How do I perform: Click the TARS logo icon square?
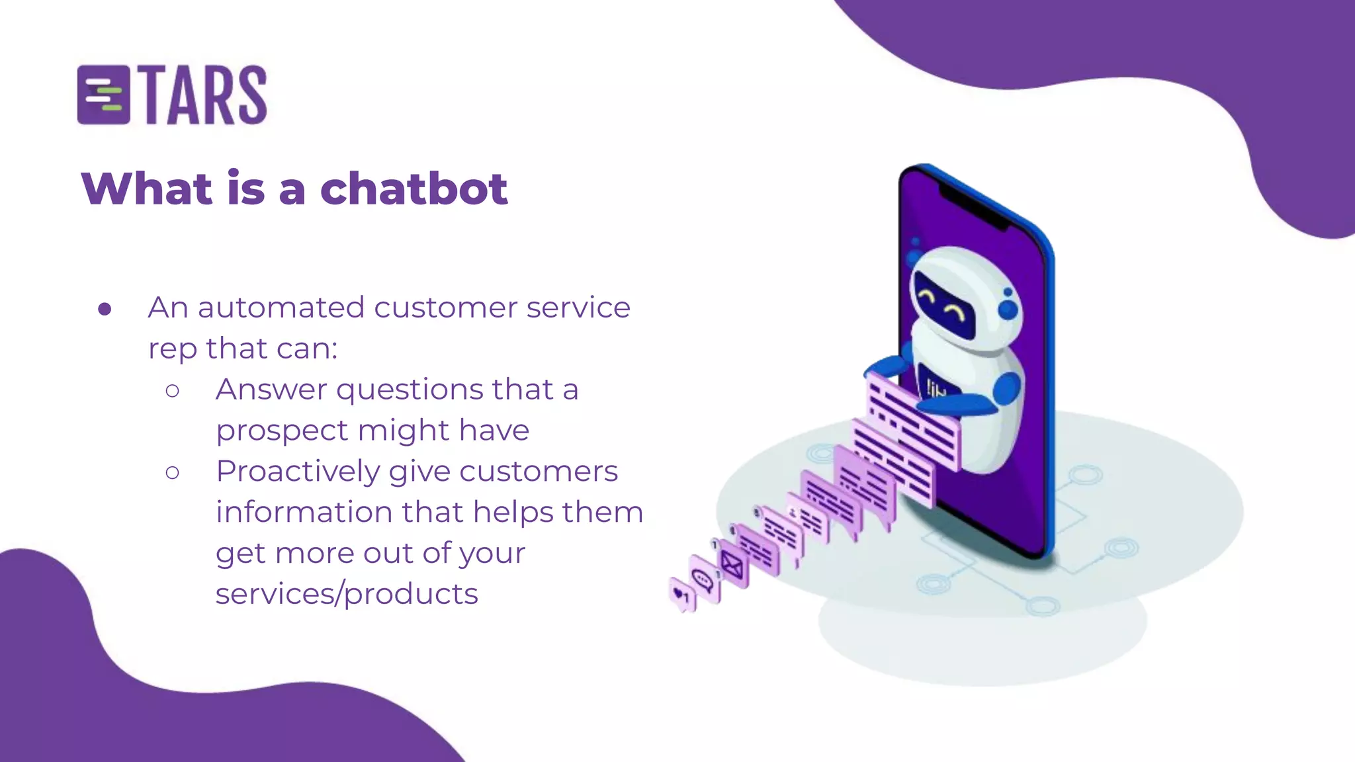tap(103, 95)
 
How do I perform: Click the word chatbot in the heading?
tap(414, 189)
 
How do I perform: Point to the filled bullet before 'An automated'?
tap(105, 309)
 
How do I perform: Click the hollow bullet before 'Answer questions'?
tap(173, 391)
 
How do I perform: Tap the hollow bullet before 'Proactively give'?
tap(173, 472)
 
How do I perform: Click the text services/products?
tap(347, 594)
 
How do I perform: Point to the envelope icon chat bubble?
tap(732, 564)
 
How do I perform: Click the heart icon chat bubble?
tap(681, 595)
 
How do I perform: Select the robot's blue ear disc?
tap(1008, 309)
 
